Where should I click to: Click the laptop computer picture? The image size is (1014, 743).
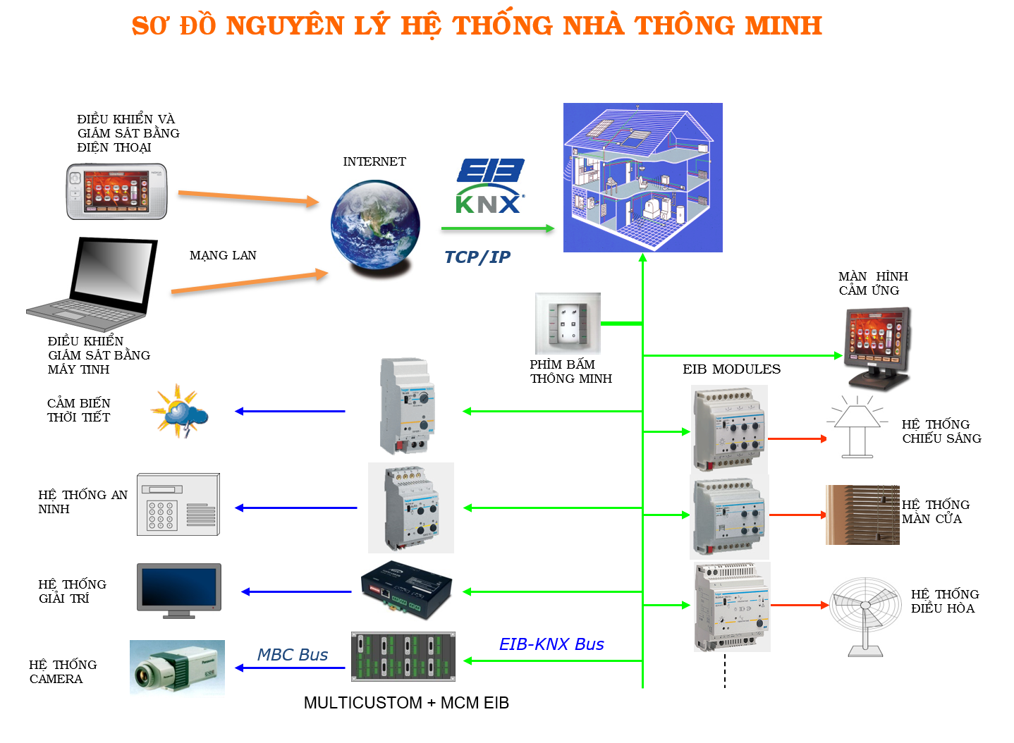pos(92,284)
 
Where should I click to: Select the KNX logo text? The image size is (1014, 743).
pos(490,202)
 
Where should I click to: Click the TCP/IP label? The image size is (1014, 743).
pos(477,257)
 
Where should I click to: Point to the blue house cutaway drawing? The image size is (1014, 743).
pos(642,177)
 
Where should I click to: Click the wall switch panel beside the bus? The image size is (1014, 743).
pos(568,324)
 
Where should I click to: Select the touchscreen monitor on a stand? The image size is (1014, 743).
pos(878,346)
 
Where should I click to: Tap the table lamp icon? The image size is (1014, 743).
pos(857,426)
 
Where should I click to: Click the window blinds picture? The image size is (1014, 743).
pos(862,515)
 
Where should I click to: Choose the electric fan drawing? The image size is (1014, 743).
pos(865,617)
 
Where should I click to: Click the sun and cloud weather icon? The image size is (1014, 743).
pos(178,411)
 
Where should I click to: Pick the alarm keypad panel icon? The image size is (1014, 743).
pos(178,505)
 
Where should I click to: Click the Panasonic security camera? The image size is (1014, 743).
pos(177,669)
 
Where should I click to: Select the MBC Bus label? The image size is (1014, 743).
pos(293,655)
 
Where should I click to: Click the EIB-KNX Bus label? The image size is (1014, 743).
pos(551,644)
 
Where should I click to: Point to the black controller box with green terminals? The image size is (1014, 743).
pos(407,591)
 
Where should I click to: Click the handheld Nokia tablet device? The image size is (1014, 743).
pos(117,191)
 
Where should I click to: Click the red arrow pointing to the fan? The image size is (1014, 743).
pos(800,605)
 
